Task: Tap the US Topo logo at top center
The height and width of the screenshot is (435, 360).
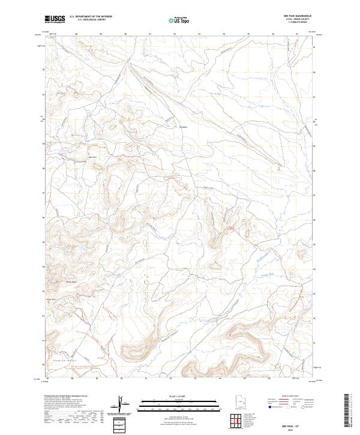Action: (180, 20)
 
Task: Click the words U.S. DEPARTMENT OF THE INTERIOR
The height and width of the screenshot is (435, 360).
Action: (91, 16)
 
